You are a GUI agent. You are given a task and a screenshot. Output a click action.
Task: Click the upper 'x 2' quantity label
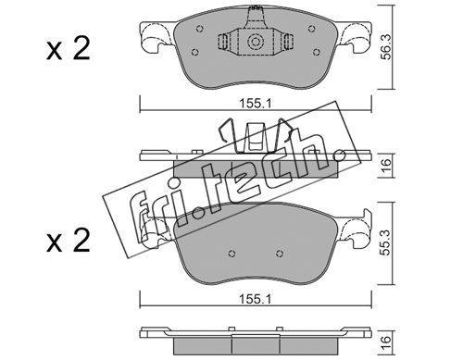tap(69, 49)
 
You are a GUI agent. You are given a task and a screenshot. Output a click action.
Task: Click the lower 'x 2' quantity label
tap(69, 241)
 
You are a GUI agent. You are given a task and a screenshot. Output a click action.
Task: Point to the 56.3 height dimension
tap(387, 46)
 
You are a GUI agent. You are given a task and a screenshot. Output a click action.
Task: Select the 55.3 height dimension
tap(387, 242)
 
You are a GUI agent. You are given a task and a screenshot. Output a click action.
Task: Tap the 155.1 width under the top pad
tap(256, 104)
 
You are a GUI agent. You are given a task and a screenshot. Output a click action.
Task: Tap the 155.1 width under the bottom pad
tap(256, 299)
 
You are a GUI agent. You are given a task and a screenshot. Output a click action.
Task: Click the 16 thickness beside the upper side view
tap(387, 165)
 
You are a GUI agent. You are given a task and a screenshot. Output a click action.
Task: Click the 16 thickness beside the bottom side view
tap(387, 342)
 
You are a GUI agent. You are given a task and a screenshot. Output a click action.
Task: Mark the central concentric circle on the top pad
tap(256, 42)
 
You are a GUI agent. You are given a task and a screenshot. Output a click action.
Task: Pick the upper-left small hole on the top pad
tap(200, 29)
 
